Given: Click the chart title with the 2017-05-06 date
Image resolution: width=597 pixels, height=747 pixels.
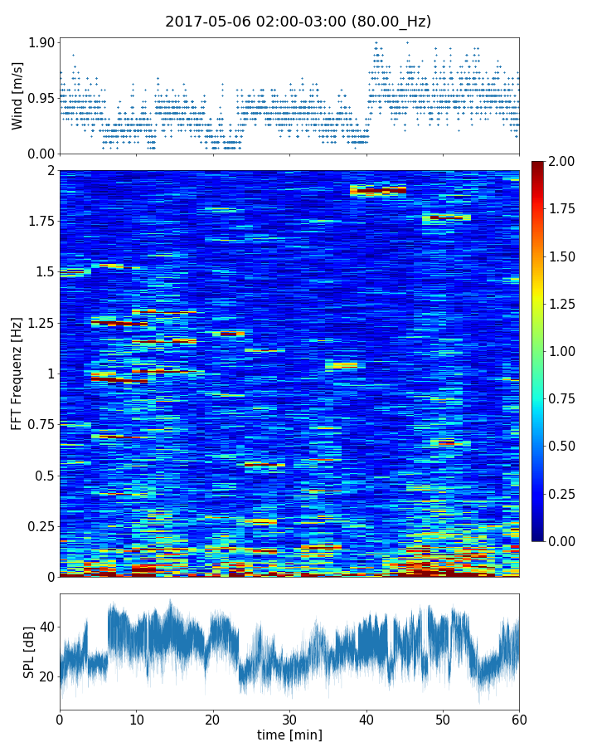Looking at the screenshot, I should point(298,22).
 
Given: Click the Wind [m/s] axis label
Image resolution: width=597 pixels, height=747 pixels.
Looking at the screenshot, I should point(17,95).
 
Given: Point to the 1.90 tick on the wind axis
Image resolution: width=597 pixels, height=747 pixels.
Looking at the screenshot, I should point(42,42).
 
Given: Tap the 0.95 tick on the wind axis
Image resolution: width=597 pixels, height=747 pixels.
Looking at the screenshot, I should point(42,98).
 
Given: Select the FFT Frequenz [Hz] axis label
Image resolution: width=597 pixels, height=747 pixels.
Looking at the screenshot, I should point(17,373).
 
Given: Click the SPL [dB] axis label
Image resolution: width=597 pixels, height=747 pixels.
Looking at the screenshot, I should point(30,651).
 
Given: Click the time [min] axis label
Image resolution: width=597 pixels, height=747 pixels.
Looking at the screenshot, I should point(289,735).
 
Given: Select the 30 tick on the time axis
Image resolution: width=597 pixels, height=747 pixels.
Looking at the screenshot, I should point(289,719).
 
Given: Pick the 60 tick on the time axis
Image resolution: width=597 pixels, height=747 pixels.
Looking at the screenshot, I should point(519,719).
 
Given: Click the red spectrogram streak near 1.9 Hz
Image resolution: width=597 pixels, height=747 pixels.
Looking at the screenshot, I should point(378,190).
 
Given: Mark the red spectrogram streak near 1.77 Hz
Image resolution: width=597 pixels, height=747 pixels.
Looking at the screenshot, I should point(446,217).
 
